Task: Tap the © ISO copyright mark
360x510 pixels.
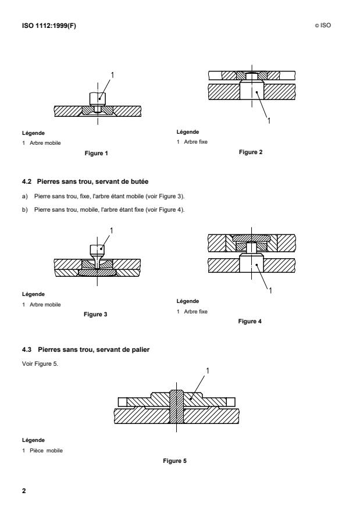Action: point(325,26)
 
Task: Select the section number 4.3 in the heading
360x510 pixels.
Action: point(26,348)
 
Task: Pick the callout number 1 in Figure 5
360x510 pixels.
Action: point(209,369)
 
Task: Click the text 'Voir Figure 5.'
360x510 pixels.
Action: point(36,358)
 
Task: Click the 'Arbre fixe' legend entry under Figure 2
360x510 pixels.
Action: point(195,141)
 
